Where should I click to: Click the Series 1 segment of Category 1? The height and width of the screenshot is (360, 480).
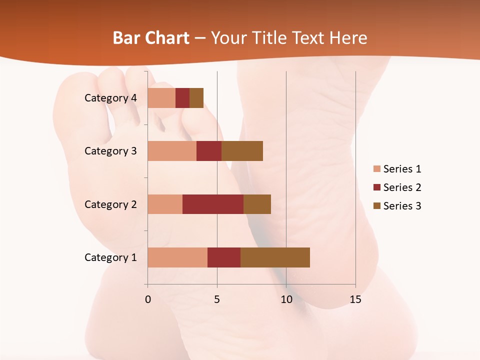click(177, 257)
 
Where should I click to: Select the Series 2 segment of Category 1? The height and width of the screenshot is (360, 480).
click(224, 257)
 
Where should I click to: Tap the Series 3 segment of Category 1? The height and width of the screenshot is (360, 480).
click(275, 257)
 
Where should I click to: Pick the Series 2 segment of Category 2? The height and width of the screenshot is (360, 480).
click(213, 204)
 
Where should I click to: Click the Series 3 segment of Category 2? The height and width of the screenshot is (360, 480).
click(257, 204)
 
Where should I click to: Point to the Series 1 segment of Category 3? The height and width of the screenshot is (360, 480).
click(172, 151)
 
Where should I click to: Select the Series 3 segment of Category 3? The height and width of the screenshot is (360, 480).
click(242, 151)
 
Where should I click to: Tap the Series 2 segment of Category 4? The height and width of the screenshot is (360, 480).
click(182, 98)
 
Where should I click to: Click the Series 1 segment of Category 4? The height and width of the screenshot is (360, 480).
click(161, 98)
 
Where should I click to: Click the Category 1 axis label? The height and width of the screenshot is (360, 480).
click(110, 257)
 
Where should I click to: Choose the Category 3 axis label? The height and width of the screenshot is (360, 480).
click(110, 151)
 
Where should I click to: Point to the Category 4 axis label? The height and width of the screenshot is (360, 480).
click(110, 98)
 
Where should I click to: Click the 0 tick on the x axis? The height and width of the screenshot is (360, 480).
click(148, 300)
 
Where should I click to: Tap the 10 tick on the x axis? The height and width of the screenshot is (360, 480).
click(286, 300)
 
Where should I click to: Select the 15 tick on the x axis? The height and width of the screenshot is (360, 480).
click(355, 300)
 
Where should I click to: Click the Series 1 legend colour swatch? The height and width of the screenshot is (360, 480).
click(377, 169)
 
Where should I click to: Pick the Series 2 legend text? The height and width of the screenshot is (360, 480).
click(402, 187)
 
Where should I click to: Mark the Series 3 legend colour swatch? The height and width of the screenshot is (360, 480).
click(377, 206)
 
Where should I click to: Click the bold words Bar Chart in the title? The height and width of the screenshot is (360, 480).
click(150, 38)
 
